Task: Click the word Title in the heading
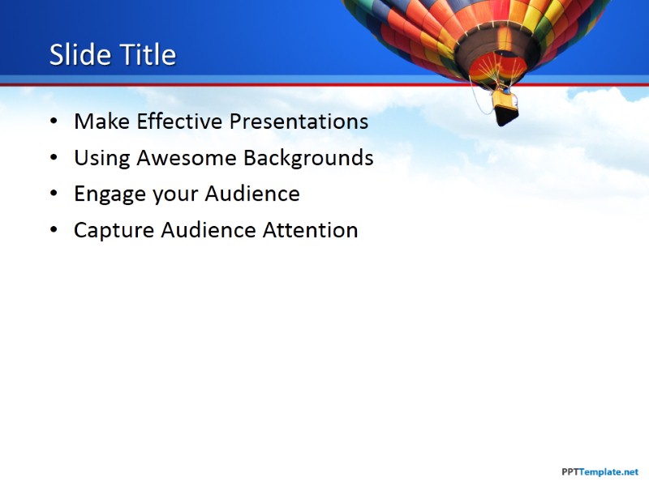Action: [147, 55]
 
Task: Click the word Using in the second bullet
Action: [102, 158]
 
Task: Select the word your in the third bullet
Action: [174, 194]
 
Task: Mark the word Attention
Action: [310, 230]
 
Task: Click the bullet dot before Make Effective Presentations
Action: [54, 122]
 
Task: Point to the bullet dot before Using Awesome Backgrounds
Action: [54, 159]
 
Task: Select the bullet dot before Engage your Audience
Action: [54, 194]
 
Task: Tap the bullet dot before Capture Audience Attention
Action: [54, 231]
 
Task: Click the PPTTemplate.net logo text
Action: [600, 471]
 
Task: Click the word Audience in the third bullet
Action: [252, 194]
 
